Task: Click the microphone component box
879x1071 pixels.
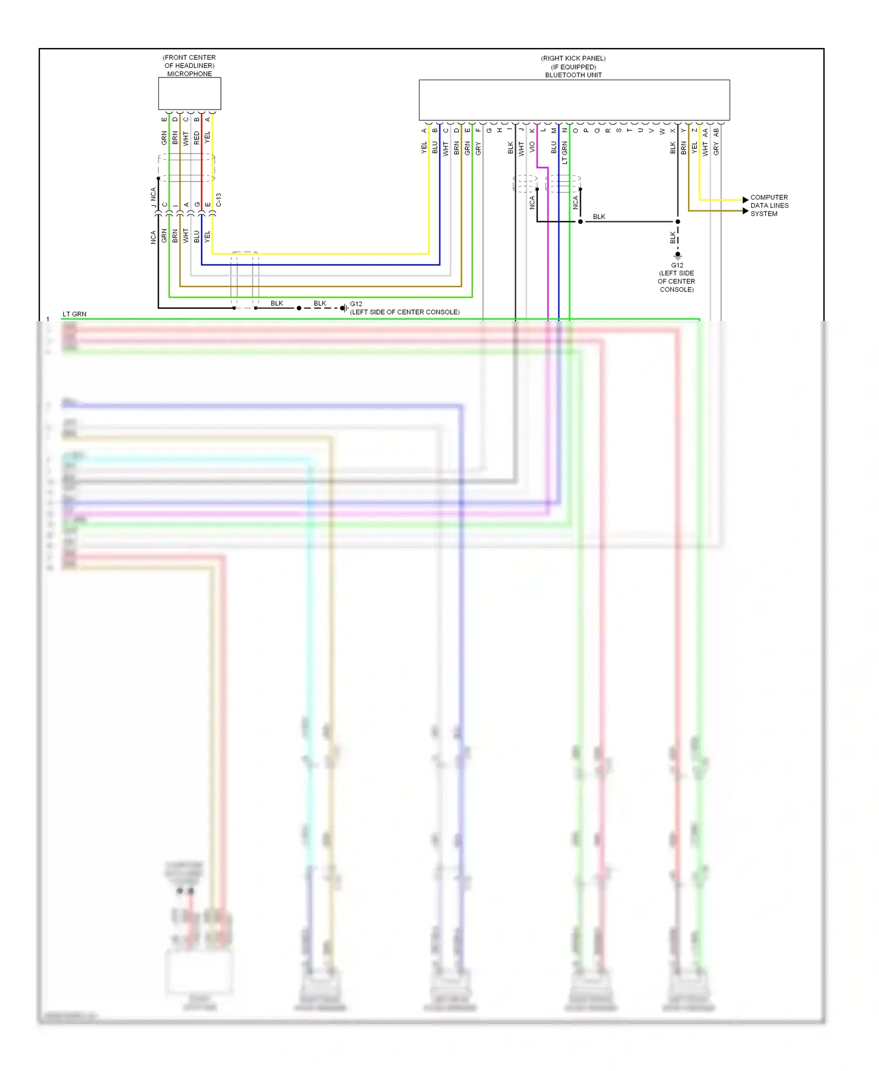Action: (x=189, y=94)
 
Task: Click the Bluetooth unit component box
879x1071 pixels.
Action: (x=574, y=100)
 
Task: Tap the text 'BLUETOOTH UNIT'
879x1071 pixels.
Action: (x=573, y=75)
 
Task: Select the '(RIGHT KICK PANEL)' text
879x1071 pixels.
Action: (x=573, y=59)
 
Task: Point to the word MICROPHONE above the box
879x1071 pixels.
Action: (x=189, y=74)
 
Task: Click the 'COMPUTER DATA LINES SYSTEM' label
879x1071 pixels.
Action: (x=769, y=206)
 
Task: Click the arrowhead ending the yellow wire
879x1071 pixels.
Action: (x=745, y=200)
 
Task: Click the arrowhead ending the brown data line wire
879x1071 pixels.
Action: (x=745, y=211)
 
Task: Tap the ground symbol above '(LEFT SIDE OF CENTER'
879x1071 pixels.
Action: (x=677, y=255)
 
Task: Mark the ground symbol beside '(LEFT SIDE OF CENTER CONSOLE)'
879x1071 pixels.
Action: (x=344, y=308)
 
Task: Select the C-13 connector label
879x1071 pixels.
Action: (x=219, y=200)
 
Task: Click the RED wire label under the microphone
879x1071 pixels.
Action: (x=197, y=138)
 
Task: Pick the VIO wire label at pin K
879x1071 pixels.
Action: (x=532, y=146)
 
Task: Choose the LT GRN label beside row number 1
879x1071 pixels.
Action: (x=74, y=314)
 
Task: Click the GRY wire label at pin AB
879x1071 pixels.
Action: (x=716, y=149)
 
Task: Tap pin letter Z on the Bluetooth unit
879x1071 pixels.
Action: (x=694, y=130)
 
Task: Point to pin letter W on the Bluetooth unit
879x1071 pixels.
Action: (x=662, y=131)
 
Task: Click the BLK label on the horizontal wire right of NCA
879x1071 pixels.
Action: (x=599, y=217)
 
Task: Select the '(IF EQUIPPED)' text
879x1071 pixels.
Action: (x=573, y=67)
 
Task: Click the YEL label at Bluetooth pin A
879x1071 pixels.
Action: (x=424, y=148)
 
